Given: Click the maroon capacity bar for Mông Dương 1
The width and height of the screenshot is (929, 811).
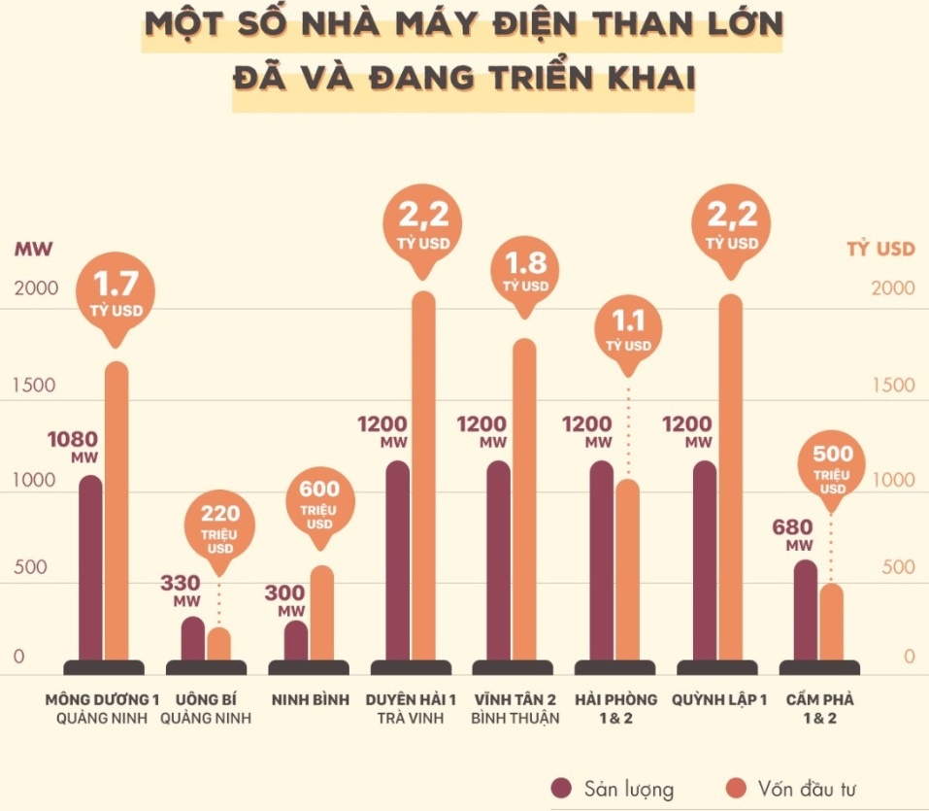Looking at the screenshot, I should click(x=90, y=568).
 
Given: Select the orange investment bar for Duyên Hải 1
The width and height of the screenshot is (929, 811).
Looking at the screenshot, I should click(x=423, y=476).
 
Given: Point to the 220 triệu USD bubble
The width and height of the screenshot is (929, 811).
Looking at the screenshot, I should click(x=220, y=528).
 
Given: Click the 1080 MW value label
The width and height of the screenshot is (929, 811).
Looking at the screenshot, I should click(x=73, y=444).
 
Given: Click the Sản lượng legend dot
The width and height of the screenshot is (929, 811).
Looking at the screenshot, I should click(x=560, y=788).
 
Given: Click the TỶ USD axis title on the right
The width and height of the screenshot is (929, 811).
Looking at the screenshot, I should click(x=880, y=249).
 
